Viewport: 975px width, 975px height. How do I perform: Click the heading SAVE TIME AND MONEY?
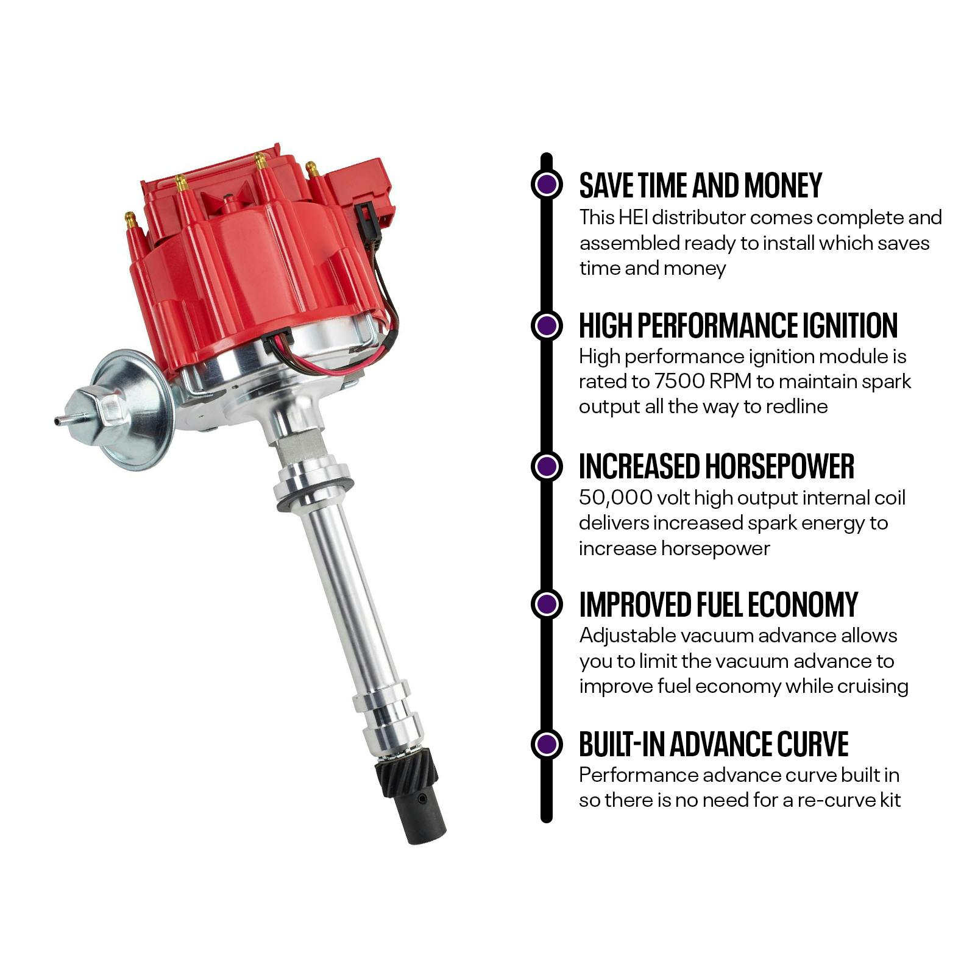700,185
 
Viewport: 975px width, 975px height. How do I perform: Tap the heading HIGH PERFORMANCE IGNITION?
738,325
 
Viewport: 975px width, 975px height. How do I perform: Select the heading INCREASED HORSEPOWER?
716,466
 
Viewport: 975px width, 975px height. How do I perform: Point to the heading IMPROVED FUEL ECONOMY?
718,604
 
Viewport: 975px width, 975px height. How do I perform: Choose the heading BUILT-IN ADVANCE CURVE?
713,744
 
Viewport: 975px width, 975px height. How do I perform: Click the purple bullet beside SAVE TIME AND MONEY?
547,184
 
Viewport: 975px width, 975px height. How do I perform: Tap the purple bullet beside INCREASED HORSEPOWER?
547,466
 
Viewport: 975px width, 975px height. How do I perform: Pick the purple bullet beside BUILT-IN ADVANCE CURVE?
547,744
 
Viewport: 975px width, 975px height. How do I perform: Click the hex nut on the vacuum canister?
112,411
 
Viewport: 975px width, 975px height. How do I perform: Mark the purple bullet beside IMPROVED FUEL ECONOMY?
547,604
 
